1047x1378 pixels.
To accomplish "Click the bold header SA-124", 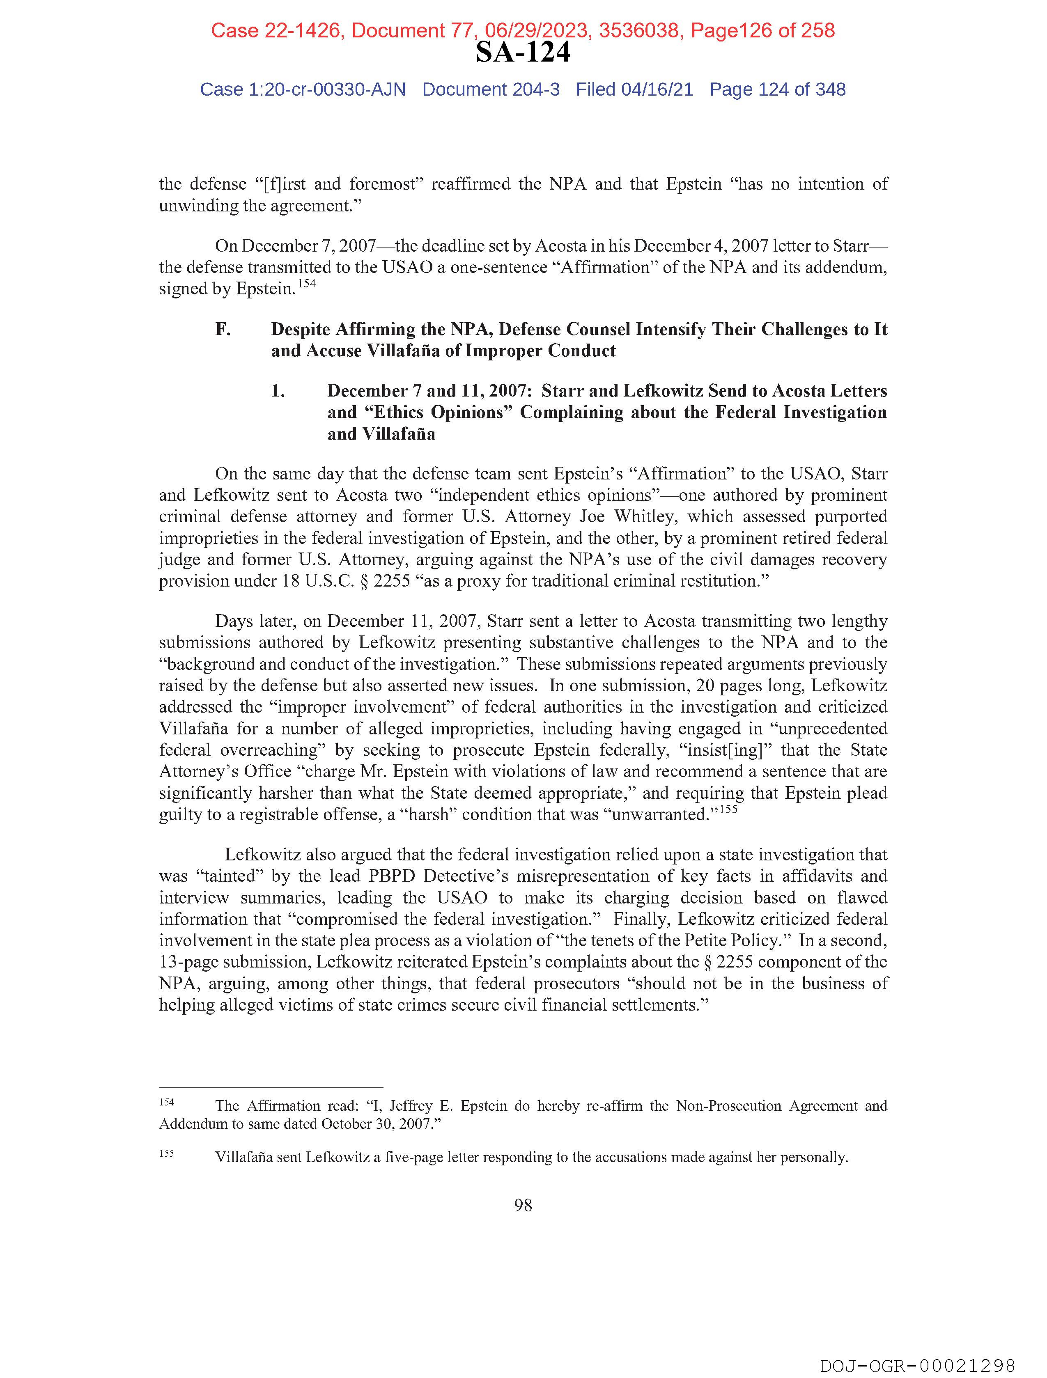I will click(523, 52).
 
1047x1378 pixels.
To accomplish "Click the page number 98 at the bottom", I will click(523, 1206).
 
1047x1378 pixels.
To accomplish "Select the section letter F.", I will click(223, 330).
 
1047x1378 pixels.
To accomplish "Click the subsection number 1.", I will click(278, 391).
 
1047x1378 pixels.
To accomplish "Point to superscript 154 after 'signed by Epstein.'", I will click(307, 284).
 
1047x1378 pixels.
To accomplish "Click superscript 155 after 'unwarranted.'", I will click(728, 809).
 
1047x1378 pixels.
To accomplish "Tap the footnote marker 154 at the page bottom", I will click(166, 1102).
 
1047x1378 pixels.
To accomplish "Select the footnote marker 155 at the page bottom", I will click(166, 1153).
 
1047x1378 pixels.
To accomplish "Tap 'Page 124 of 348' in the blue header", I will click(777, 90).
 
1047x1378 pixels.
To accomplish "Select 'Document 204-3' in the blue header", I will click(491, 90).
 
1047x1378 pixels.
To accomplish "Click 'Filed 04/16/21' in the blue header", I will click(634, 90).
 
